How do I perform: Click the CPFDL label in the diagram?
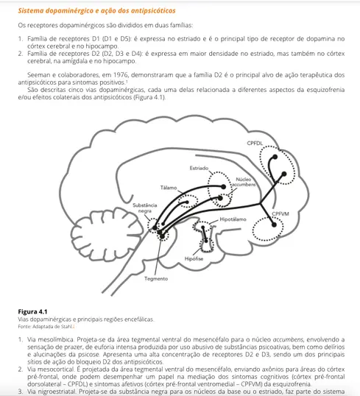tap(255, 141)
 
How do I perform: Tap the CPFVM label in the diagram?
tap(280, 213)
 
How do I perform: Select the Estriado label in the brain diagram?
tap(199, 169)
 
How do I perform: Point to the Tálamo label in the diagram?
tap(169, 188)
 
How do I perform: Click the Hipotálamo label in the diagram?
tap(233, 219)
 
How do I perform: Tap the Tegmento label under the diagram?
tap(155, 278)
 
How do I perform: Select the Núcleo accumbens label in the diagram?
tap(244, 183)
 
